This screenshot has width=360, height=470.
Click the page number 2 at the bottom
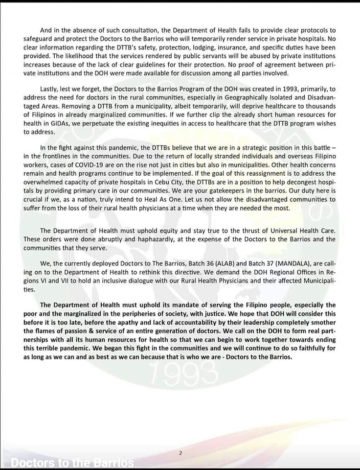[180, 453]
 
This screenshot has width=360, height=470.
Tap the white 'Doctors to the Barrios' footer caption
[72, 463]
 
